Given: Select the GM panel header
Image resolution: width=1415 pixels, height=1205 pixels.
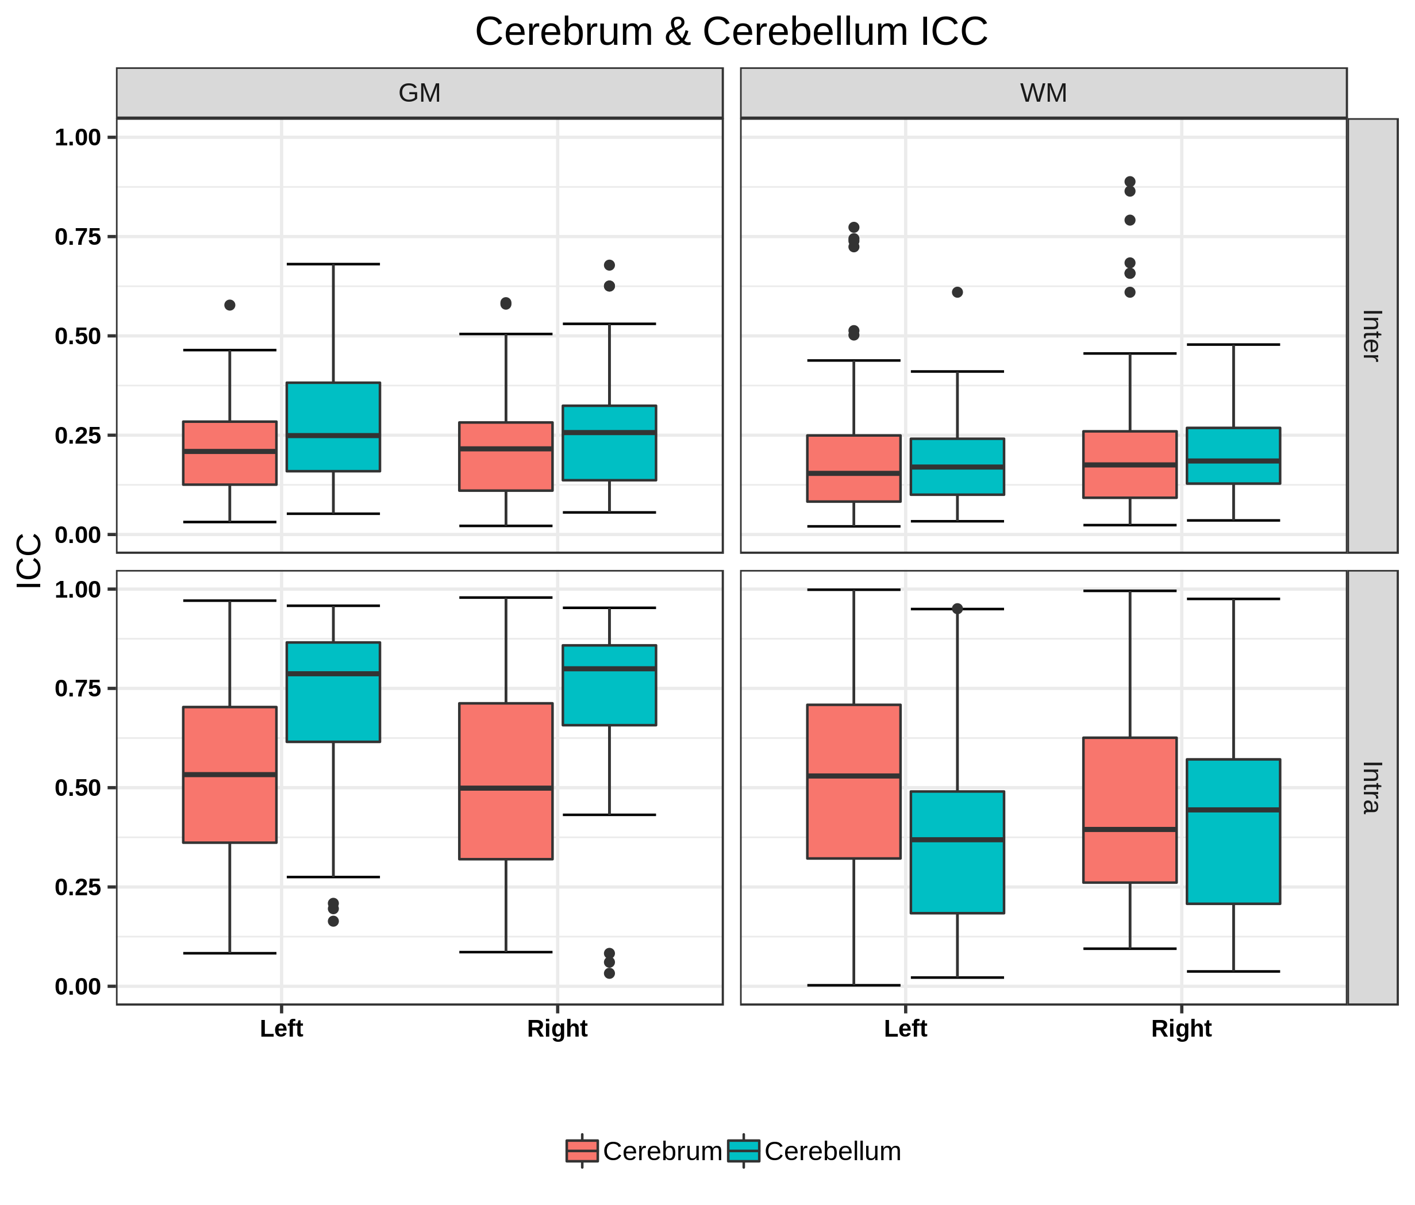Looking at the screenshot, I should coord(420,93).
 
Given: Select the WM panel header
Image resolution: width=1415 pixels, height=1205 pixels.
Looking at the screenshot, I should coord(1043,93).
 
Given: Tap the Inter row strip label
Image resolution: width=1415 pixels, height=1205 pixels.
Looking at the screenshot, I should coord(1371,335).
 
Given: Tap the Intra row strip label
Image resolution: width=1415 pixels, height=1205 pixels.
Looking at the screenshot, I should coord(1371,787).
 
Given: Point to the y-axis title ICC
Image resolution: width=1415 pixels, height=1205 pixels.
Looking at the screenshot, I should coord(29,561).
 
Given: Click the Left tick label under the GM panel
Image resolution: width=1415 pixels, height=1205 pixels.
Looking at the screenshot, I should coord(282,1028).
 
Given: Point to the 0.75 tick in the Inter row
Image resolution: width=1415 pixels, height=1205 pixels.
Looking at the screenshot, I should coord(77,237).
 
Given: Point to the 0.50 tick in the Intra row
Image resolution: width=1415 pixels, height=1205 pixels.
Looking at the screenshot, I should coord(77,788).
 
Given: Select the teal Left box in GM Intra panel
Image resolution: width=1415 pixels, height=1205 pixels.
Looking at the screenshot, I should coord(333,692).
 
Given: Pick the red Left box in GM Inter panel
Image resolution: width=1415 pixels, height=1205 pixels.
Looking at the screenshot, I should coord(229,453).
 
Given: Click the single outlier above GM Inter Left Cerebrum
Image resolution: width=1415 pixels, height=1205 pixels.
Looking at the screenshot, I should coord(229,305).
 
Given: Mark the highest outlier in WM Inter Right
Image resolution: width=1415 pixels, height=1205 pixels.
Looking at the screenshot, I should coord(1129,182).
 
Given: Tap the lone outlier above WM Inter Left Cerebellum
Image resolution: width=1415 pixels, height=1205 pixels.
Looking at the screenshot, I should coord(957,292).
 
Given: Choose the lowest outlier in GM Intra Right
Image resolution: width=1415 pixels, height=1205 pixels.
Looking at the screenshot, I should coord(609,973).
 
